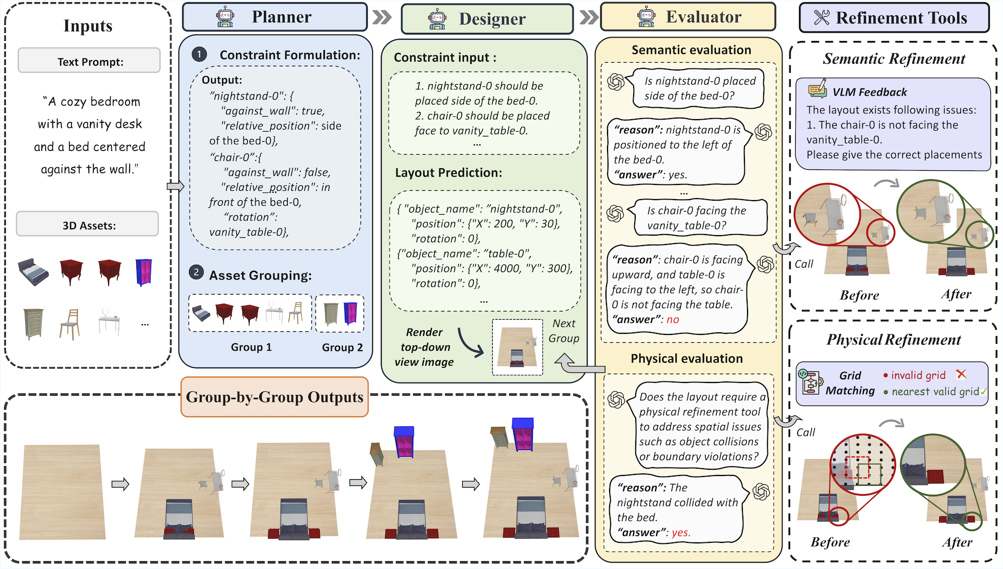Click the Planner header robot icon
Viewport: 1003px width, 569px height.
[225, 17]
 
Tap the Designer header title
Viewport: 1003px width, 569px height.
[492, 19]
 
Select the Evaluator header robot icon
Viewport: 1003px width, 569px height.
[646, 17]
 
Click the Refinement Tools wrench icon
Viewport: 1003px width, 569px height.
[821, 18]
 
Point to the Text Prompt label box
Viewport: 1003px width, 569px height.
[89, 61]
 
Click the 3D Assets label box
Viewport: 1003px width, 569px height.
[88, 225]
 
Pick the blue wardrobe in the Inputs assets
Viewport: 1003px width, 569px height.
[144, 272]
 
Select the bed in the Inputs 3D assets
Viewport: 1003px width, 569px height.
[33, 272]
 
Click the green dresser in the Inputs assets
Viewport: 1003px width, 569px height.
[33, 323]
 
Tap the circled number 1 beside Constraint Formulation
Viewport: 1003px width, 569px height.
[199, 54]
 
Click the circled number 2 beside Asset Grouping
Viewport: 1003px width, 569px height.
[196, 272]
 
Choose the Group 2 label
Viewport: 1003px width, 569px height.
[342, 347]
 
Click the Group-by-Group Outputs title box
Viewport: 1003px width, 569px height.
[274, 397]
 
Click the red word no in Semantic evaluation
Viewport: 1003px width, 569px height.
[672, 320]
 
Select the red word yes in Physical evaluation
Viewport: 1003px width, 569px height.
[681, 532]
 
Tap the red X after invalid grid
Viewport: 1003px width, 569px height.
[961, 374]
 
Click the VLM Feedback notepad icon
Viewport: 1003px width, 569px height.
[817, 89]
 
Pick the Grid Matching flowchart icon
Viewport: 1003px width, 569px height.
[810, 382]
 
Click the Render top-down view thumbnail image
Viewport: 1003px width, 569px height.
[517, 347]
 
